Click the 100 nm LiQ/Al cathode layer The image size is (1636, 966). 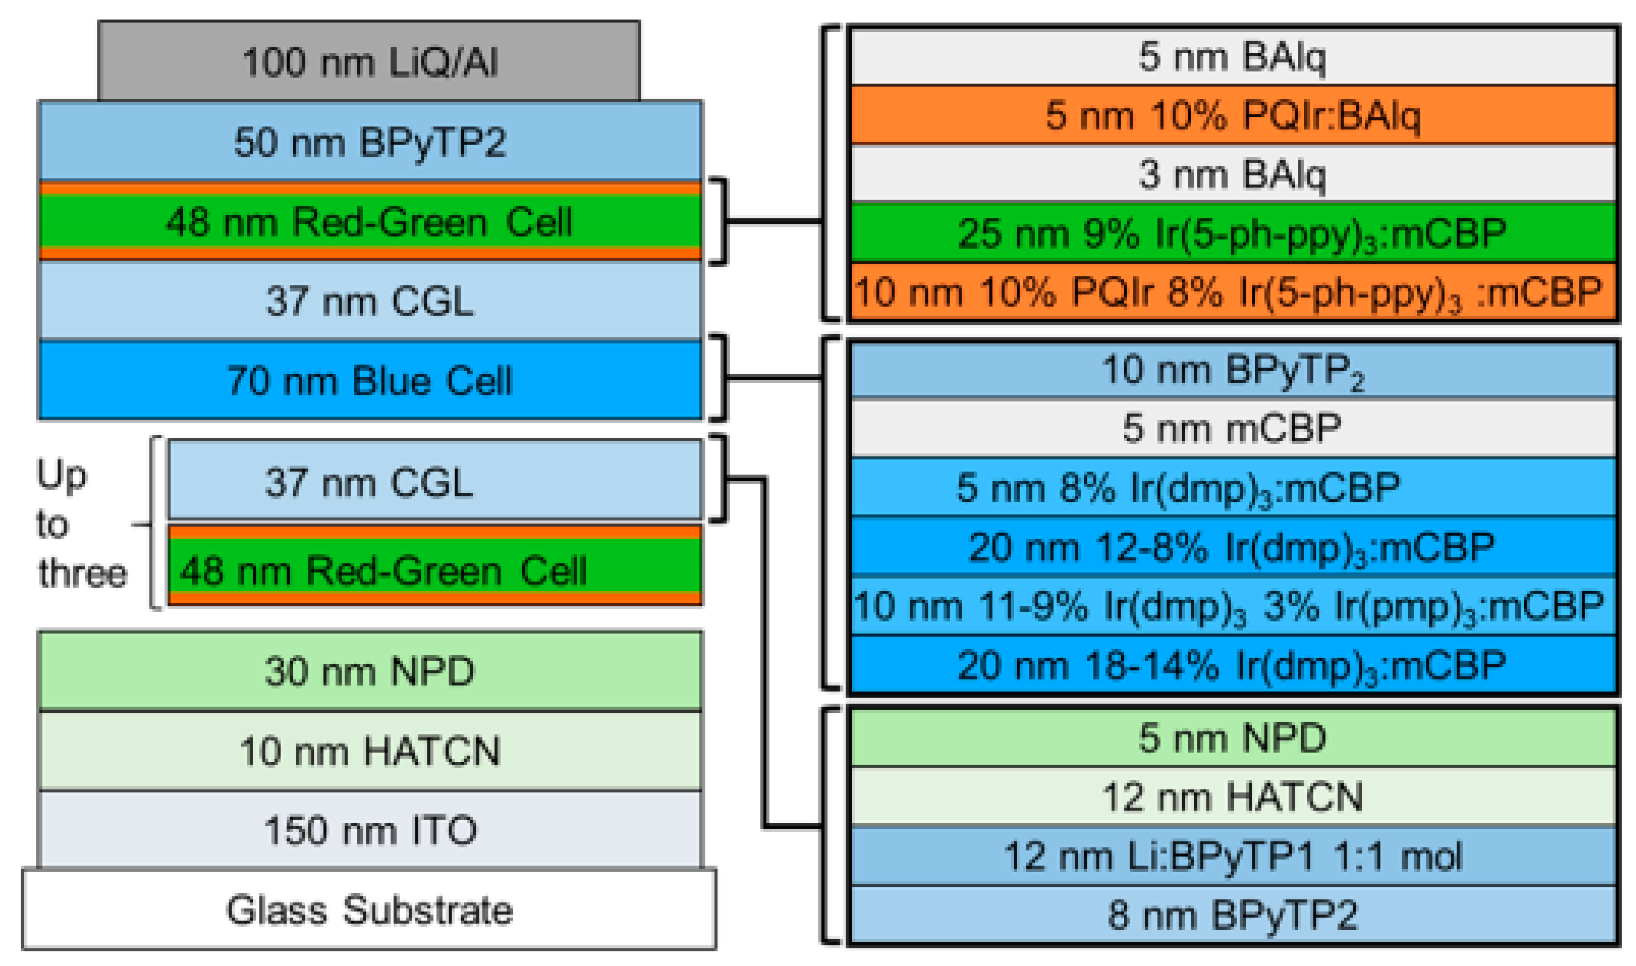369,62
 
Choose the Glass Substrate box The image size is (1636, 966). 369,909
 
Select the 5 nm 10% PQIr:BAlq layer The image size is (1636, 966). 1233,115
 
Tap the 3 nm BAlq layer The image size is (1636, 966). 1233,174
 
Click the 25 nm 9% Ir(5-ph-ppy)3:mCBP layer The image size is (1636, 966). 1233,233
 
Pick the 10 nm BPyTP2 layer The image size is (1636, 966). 1233,370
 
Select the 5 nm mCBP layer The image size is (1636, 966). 1233,428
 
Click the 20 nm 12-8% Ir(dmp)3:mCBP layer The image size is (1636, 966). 1233,546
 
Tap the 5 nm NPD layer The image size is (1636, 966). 1233,737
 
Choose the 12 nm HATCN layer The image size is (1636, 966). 1233,796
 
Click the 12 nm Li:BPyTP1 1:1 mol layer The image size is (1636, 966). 1233,856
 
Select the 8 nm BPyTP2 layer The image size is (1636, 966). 1233,914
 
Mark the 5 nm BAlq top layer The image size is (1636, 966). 1233,56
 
